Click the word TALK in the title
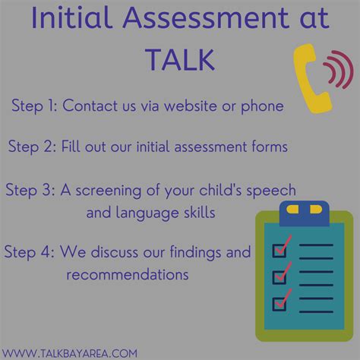[x=179, y=59]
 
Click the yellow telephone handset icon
[x=306, y=75]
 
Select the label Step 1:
[x=35, y=106]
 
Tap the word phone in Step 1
[x=263, y=106]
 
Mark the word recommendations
[x=128, y=273]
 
